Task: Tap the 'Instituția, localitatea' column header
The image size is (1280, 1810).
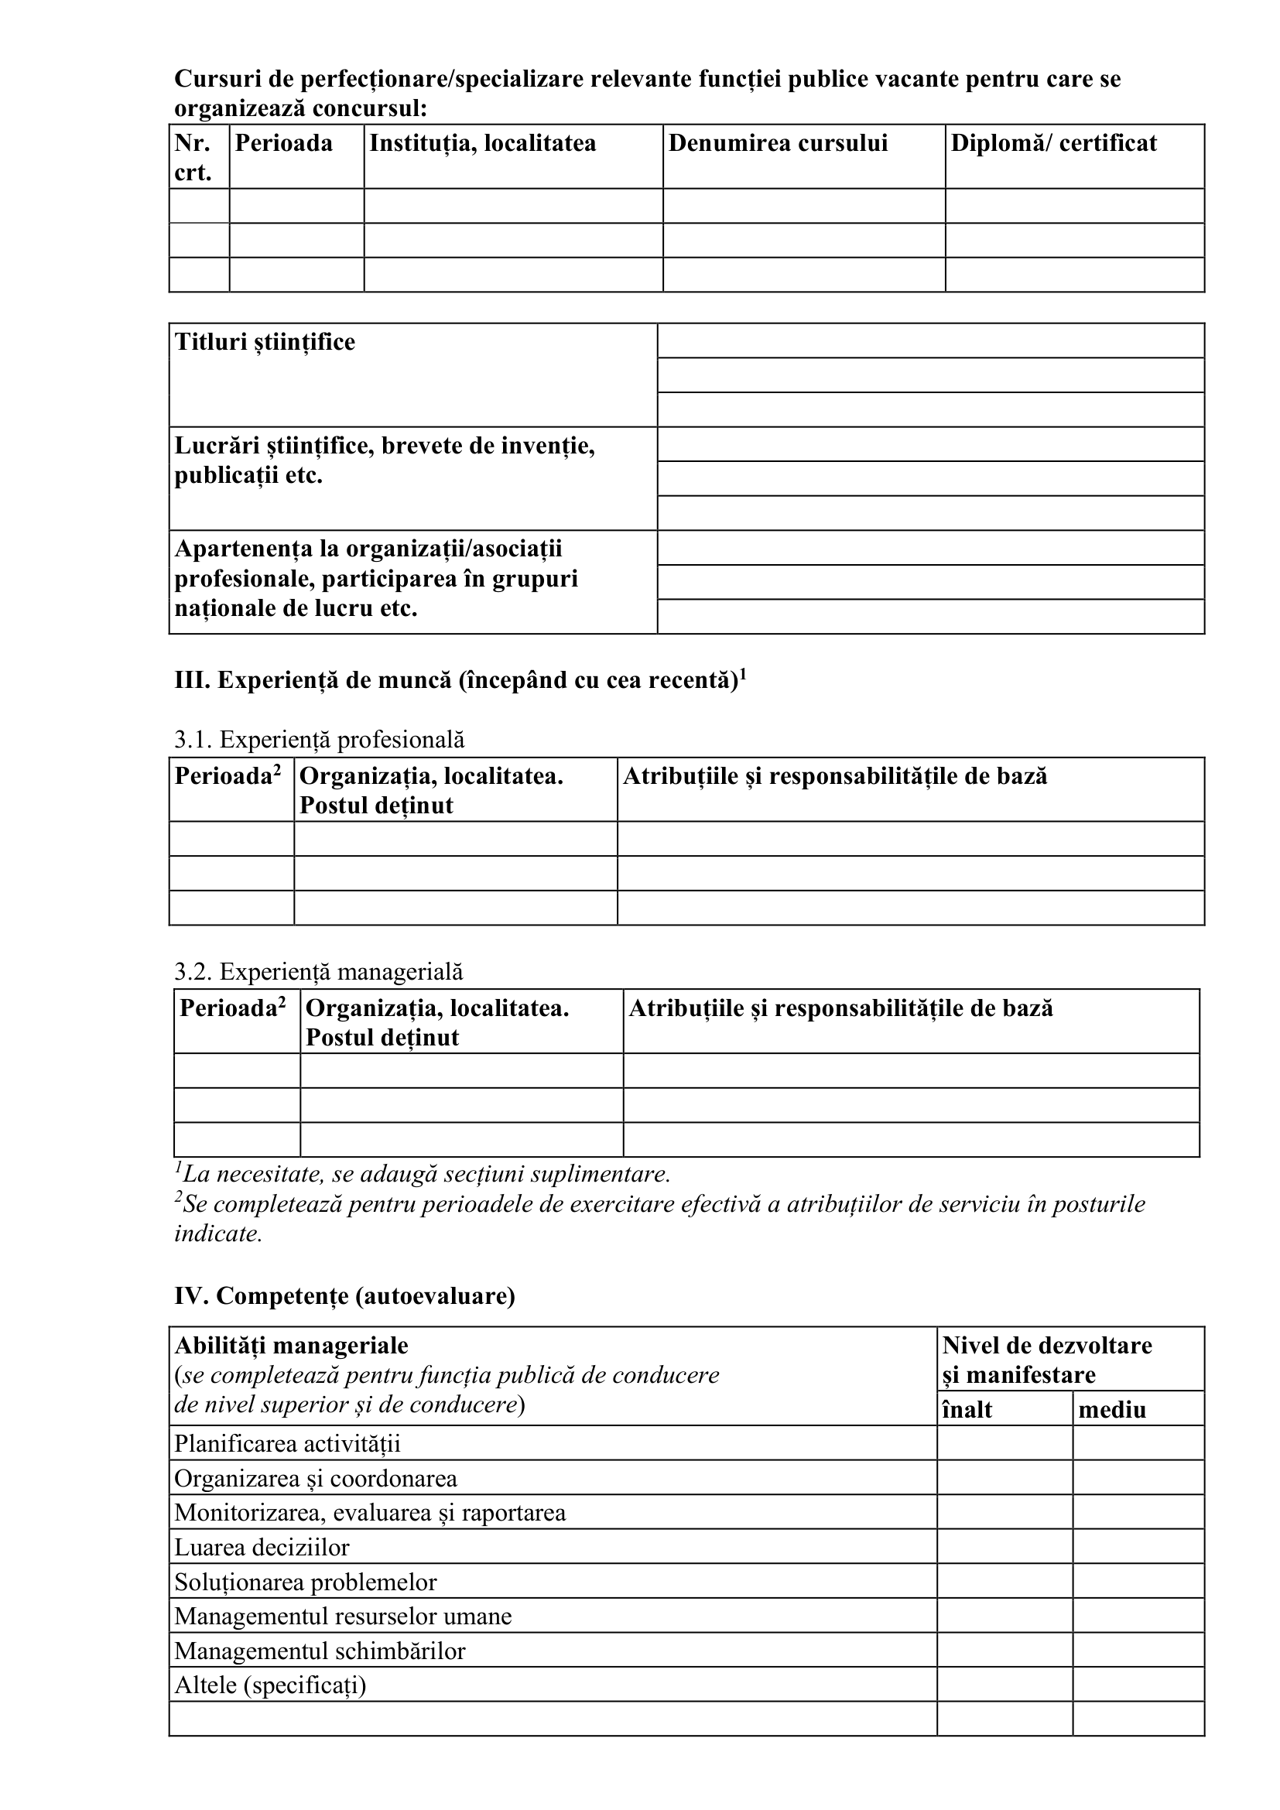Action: [x=482, y=143]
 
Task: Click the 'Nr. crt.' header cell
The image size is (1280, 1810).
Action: [x=194, y=157]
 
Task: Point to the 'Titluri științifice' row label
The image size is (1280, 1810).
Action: [x=265, y=342]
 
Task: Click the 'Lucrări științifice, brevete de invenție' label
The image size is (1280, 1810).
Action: [x=385, y=447]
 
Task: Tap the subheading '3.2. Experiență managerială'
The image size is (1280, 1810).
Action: [x=318, y=971]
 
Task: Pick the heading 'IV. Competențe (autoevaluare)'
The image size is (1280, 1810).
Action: [x=344, y=1296]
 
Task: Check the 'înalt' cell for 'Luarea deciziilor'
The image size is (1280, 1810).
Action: [x=1004, y=1547]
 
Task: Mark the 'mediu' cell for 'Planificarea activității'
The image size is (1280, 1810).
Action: [x=1138, y=1443]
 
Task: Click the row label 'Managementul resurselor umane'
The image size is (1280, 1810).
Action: [x=343, y=1616]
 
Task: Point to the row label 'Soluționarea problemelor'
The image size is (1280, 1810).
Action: [x=305, y=1582]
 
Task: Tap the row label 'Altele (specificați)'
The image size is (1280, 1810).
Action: [x=270, y=1685]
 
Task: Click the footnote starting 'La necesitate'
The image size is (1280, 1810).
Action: [x=423, y=1175]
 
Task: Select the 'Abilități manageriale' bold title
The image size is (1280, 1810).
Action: [x=291, y=1345]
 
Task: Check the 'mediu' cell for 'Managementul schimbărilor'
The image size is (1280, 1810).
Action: [x=1138, y=1650]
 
